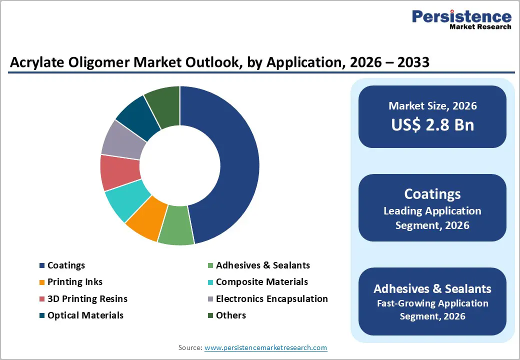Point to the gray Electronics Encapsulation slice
(123, 137)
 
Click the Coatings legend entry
(66, 265)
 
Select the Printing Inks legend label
(75, 282)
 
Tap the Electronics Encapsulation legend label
(271, 299)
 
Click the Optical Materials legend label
(85, 315)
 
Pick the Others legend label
(230, 315)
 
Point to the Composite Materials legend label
(261, 282)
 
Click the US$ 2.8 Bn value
(432, 124)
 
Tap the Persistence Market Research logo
(461, 20)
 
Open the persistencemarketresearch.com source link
(265, 347)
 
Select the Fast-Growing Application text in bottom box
(432, 303)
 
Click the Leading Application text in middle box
(432, 211)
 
